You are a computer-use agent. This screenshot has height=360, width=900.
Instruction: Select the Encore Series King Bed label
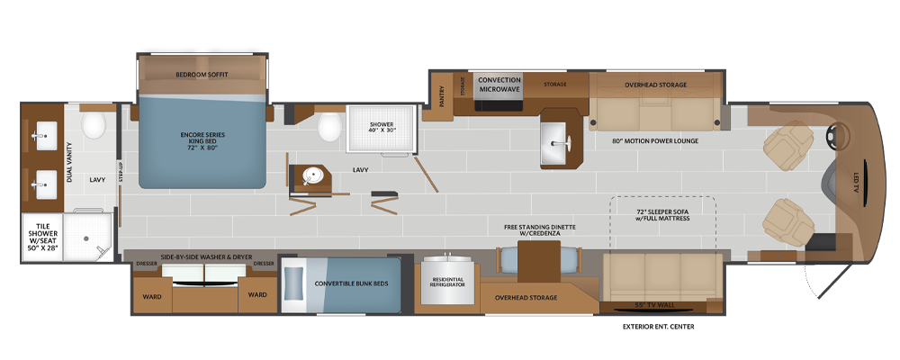coord(202,141)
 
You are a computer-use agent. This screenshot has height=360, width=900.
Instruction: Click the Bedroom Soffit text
coord(202,75)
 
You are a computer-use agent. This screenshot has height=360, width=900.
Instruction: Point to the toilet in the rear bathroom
coord(93,126)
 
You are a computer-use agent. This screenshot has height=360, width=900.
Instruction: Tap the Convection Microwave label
coord(499,84)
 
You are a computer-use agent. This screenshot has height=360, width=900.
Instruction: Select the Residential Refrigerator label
coord(447,282)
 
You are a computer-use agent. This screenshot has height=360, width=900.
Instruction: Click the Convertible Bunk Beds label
coord(351,283)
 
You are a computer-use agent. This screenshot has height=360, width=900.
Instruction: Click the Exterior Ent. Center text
coord(659,327)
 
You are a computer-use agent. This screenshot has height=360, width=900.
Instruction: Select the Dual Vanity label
coord(69,163)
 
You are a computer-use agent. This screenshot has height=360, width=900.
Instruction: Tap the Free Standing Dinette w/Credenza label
coord(539,230)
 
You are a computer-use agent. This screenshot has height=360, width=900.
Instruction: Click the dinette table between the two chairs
coord(539,262)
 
